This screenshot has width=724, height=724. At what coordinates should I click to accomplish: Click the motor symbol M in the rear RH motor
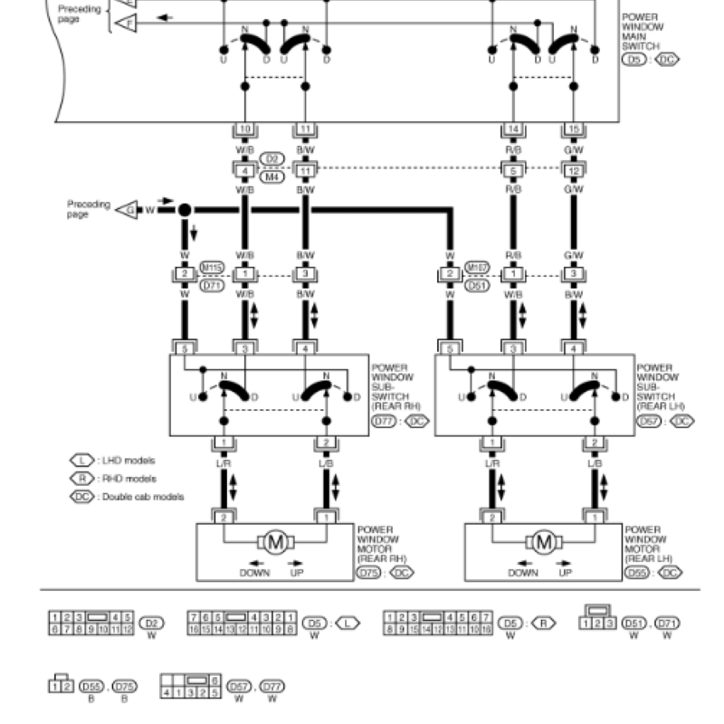278,543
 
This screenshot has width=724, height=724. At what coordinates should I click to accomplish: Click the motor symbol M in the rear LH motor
544,543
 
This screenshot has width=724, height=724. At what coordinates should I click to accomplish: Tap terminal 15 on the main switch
573,130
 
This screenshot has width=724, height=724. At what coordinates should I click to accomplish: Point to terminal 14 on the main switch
512,130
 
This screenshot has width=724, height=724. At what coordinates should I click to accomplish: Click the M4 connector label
272,176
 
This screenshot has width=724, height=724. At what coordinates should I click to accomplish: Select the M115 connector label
213,267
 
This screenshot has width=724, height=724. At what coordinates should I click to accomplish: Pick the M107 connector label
478,267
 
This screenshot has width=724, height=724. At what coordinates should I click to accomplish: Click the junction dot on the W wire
184,210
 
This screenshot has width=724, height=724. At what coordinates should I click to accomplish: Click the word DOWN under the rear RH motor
256,573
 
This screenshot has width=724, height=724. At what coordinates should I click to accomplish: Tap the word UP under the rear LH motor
566,573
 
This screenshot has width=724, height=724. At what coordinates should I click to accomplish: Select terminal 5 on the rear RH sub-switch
184,348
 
